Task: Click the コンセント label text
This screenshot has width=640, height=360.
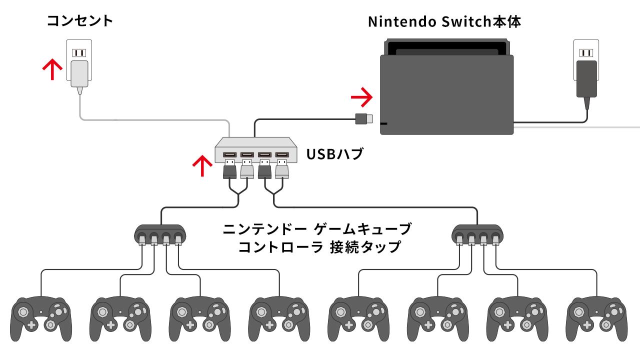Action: click(x=80, y=21)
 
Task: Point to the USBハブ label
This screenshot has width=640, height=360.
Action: click(x=334, y=154)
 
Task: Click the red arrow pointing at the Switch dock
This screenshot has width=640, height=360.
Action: click(x=361, y=96)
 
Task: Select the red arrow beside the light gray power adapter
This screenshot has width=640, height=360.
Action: click(x=52, y=69)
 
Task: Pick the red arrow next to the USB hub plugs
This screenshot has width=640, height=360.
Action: click(x=202, y=165)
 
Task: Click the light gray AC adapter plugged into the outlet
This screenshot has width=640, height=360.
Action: click(x=79, y=74)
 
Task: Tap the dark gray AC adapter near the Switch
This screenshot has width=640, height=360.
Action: click(x=586, y=79)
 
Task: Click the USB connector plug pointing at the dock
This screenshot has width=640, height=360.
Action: click(x=363, y=119)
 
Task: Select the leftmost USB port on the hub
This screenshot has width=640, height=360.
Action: click(x=230, y=154)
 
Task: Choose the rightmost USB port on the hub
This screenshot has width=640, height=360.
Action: click(x=282, y=154)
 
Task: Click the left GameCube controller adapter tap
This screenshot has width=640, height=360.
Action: click(x=160, y=233)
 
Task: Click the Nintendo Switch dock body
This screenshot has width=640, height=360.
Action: click(x=446, y=94)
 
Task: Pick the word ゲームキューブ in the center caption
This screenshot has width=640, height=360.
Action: click(x=362, y=229)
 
